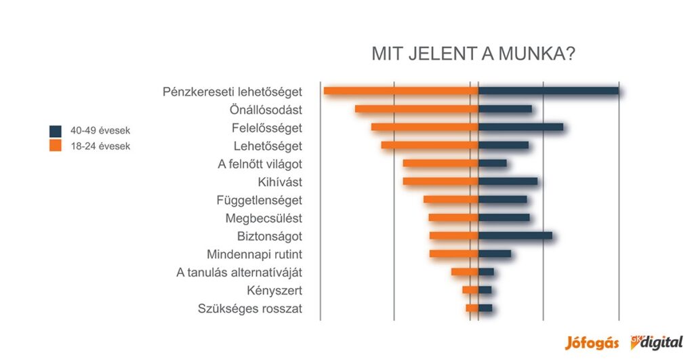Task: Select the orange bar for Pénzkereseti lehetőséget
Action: [401, 91]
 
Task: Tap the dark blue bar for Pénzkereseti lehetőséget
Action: [548, 91]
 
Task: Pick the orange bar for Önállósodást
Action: [416, 109]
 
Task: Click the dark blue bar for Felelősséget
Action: [520, 127]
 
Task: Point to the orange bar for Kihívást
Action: [441, 181]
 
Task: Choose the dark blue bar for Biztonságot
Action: [515, 235]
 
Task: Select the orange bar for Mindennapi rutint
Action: [453, 254]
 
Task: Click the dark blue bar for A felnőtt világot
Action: [492, 163]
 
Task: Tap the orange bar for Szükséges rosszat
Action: [472, 308]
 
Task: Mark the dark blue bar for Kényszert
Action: [485, 289]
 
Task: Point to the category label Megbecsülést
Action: [264, 218]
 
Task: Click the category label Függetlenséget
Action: [259, 200]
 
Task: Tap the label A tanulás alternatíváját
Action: [239, 273]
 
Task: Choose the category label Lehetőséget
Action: [268, 146]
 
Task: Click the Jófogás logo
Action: [592, 342]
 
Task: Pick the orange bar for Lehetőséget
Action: [430, 145]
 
